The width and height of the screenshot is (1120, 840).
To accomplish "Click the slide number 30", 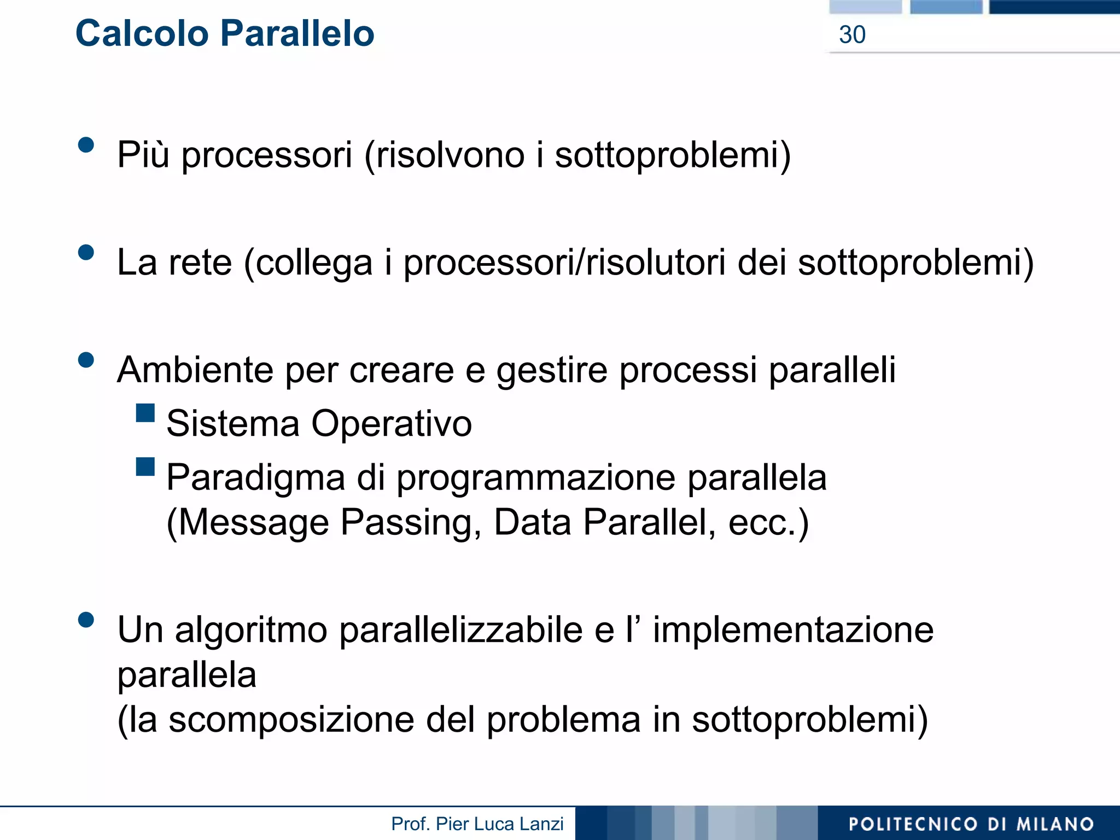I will click(x=852, y=35).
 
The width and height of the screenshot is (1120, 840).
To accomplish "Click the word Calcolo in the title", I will click(x=142, y=34).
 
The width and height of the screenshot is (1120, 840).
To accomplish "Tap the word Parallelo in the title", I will click(x=297, y=34).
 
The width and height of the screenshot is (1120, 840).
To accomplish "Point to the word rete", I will click(x=200, y=262).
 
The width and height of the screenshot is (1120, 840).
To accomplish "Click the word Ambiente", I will click(x=195, y=370).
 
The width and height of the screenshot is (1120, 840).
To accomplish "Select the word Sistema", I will click(x=233, y=424).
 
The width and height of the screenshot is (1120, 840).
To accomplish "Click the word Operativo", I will click(x=392, y=424).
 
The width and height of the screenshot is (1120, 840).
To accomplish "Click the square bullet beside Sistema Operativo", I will click(x=145, y=413).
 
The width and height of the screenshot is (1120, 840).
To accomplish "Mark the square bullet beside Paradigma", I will click(x=145, y=466).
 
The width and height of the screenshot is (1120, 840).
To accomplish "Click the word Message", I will click(x=254, y=523).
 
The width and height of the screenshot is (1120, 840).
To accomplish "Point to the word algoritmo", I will click(x=251, y=631).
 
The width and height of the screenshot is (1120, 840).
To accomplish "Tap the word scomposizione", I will click(x=291, y=720).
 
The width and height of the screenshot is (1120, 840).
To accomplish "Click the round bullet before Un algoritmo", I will click(x=86, y=620).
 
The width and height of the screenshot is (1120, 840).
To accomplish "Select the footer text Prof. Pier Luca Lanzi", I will click(x=477, y=824).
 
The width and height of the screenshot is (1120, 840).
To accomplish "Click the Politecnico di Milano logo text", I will click(x=971, y=824).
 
